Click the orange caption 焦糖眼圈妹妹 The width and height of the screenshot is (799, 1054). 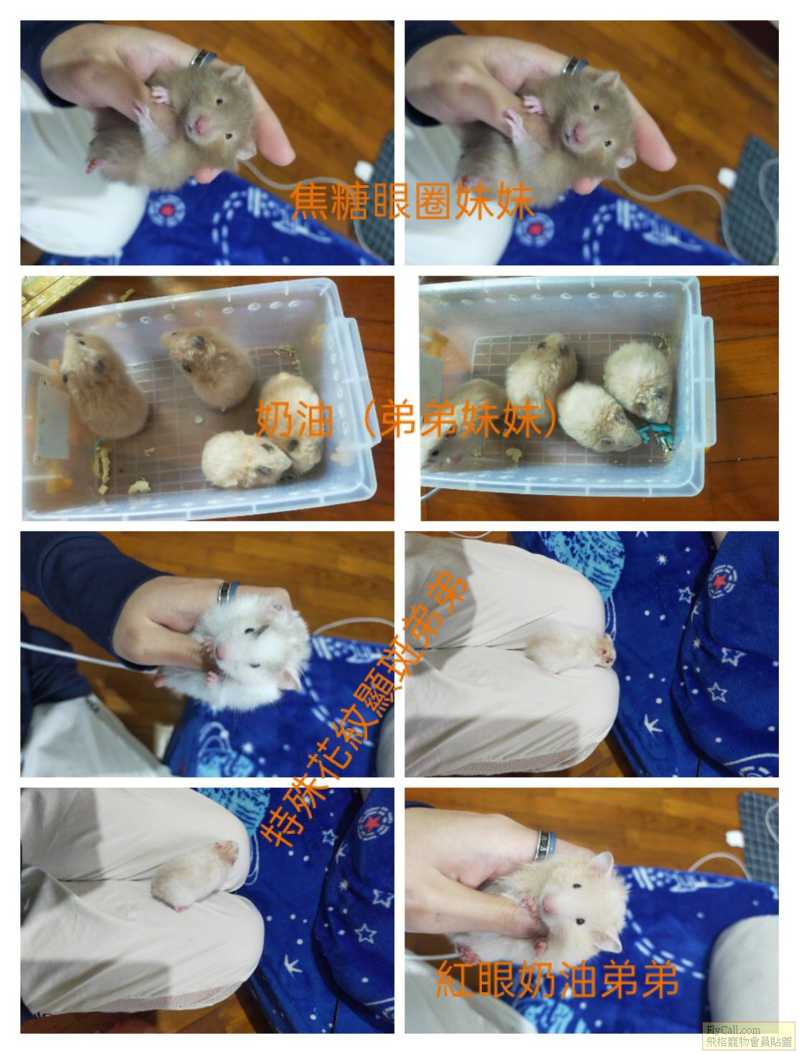[412, 200]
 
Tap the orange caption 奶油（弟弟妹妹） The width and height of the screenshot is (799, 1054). [407, 418]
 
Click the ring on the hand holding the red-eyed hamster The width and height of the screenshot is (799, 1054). [546, 845]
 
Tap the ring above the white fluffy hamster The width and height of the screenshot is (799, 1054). [227, 592]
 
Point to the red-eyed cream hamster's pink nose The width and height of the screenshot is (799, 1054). [547, 905]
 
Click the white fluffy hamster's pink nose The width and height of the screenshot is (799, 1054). [221, 651]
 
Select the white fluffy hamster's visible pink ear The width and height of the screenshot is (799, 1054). [290, 679]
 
